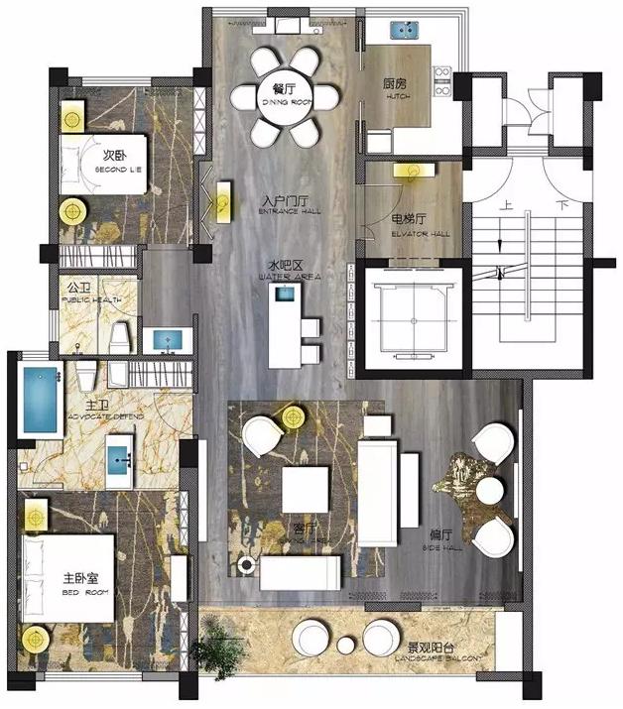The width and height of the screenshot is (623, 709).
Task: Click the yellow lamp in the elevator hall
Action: (409, 170)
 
